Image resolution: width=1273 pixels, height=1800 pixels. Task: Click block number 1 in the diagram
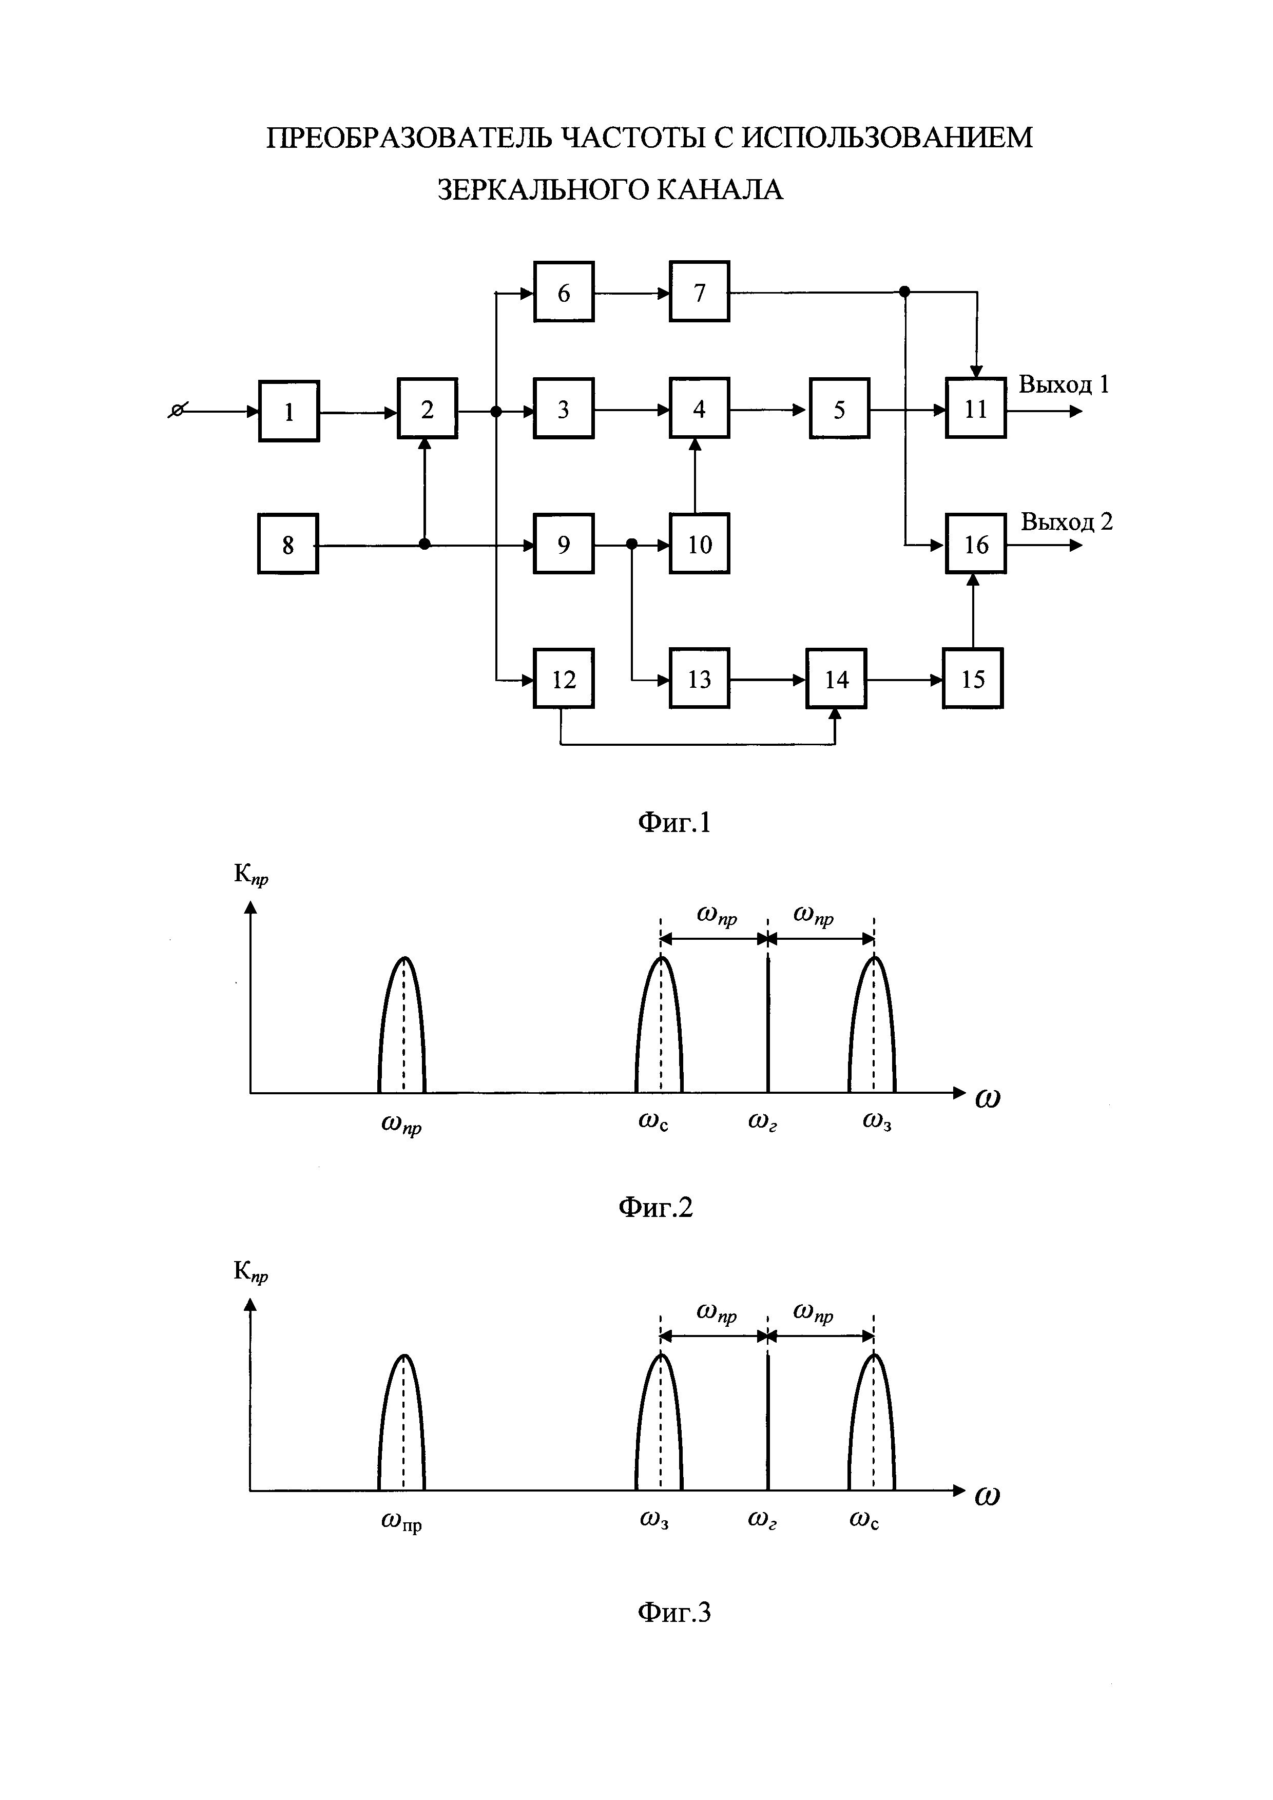point(288,411)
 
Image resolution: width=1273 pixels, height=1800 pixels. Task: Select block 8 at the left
point(287,544)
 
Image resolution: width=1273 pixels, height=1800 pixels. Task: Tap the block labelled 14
point(836,679)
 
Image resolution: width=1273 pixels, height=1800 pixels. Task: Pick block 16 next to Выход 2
point(975,544)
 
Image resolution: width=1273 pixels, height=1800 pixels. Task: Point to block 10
point(699,544)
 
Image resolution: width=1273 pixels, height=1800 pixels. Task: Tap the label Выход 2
point(1066,521)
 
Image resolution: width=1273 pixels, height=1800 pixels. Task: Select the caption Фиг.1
point(674,822)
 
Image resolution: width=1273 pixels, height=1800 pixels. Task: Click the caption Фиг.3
point(674,1612)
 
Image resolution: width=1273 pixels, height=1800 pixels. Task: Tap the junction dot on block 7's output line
point(904,292)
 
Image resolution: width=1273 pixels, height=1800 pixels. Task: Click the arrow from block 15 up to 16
point(973,611)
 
